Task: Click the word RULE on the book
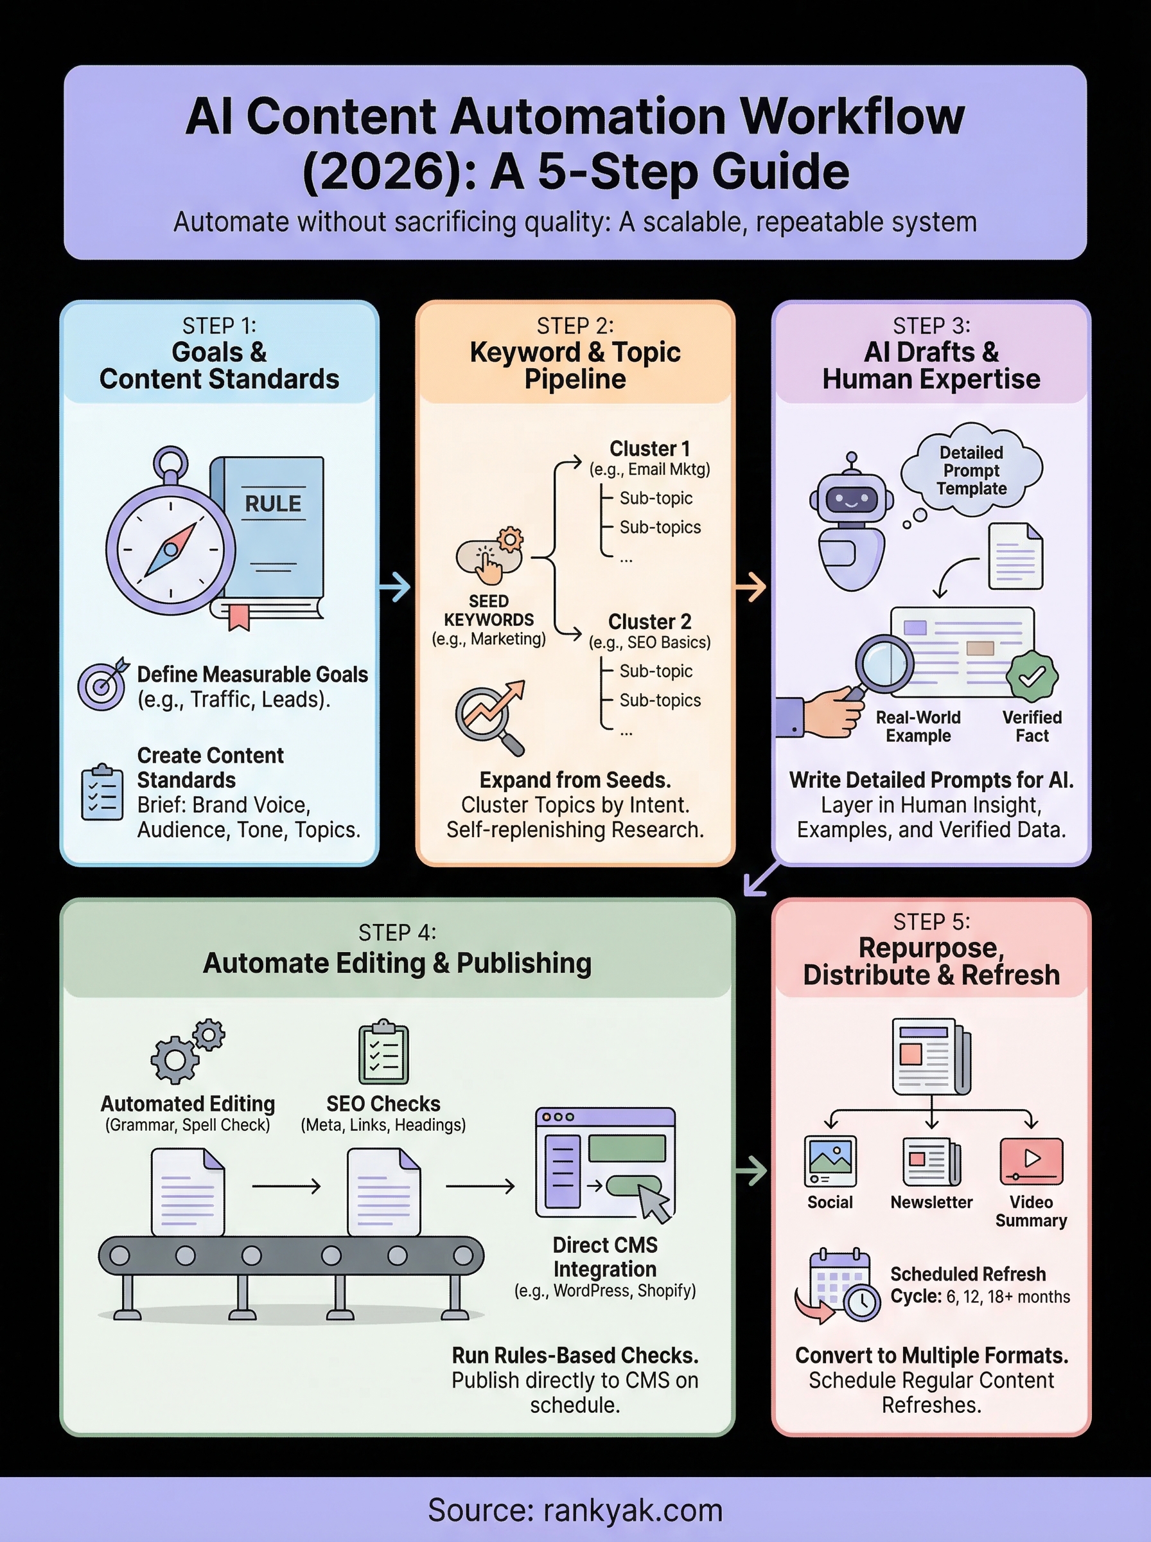tap(272, 504)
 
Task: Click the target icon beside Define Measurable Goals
tap(101, 685)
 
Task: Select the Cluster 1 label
tap(649, 448)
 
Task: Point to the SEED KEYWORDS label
tap(488, 610)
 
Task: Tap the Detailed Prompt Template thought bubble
tap(971, 470)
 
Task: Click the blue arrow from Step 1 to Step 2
tap(396, 587)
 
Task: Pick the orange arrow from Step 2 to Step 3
tap(751, 587)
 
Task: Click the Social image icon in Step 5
tap(829, 1161)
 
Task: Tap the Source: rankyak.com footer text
tap(575, 1510)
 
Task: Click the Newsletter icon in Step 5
tap(931, 1161)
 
